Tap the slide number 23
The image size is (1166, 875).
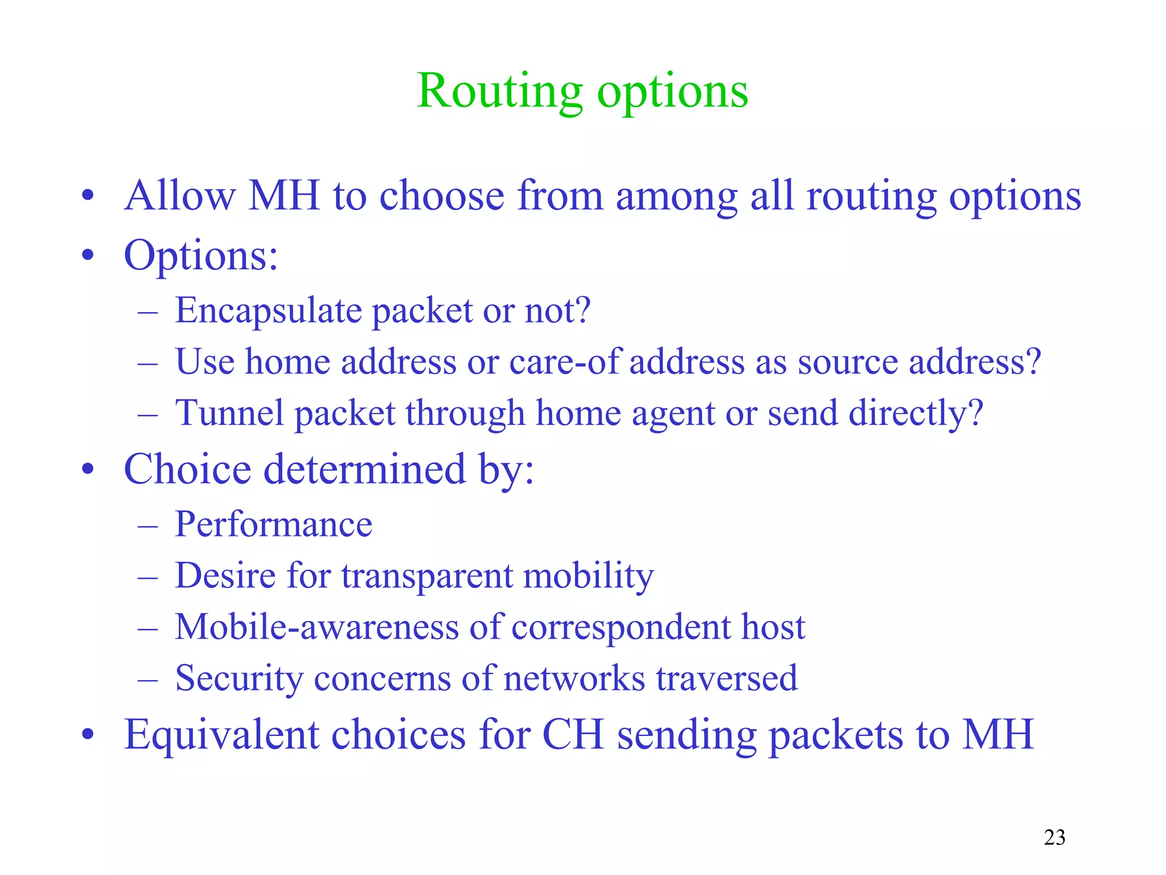point(1054,837)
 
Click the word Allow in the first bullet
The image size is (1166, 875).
point(179,196)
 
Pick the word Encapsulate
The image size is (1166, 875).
point(268,311)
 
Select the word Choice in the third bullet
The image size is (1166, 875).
point(187,469)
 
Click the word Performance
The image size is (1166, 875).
point(273,524)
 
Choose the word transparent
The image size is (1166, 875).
point(426,576)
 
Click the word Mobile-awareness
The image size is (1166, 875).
point(317,627)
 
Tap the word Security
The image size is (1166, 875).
point(239,679)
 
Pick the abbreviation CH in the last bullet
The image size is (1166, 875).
point(573,735)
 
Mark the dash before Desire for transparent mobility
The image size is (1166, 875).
point(147,577)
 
